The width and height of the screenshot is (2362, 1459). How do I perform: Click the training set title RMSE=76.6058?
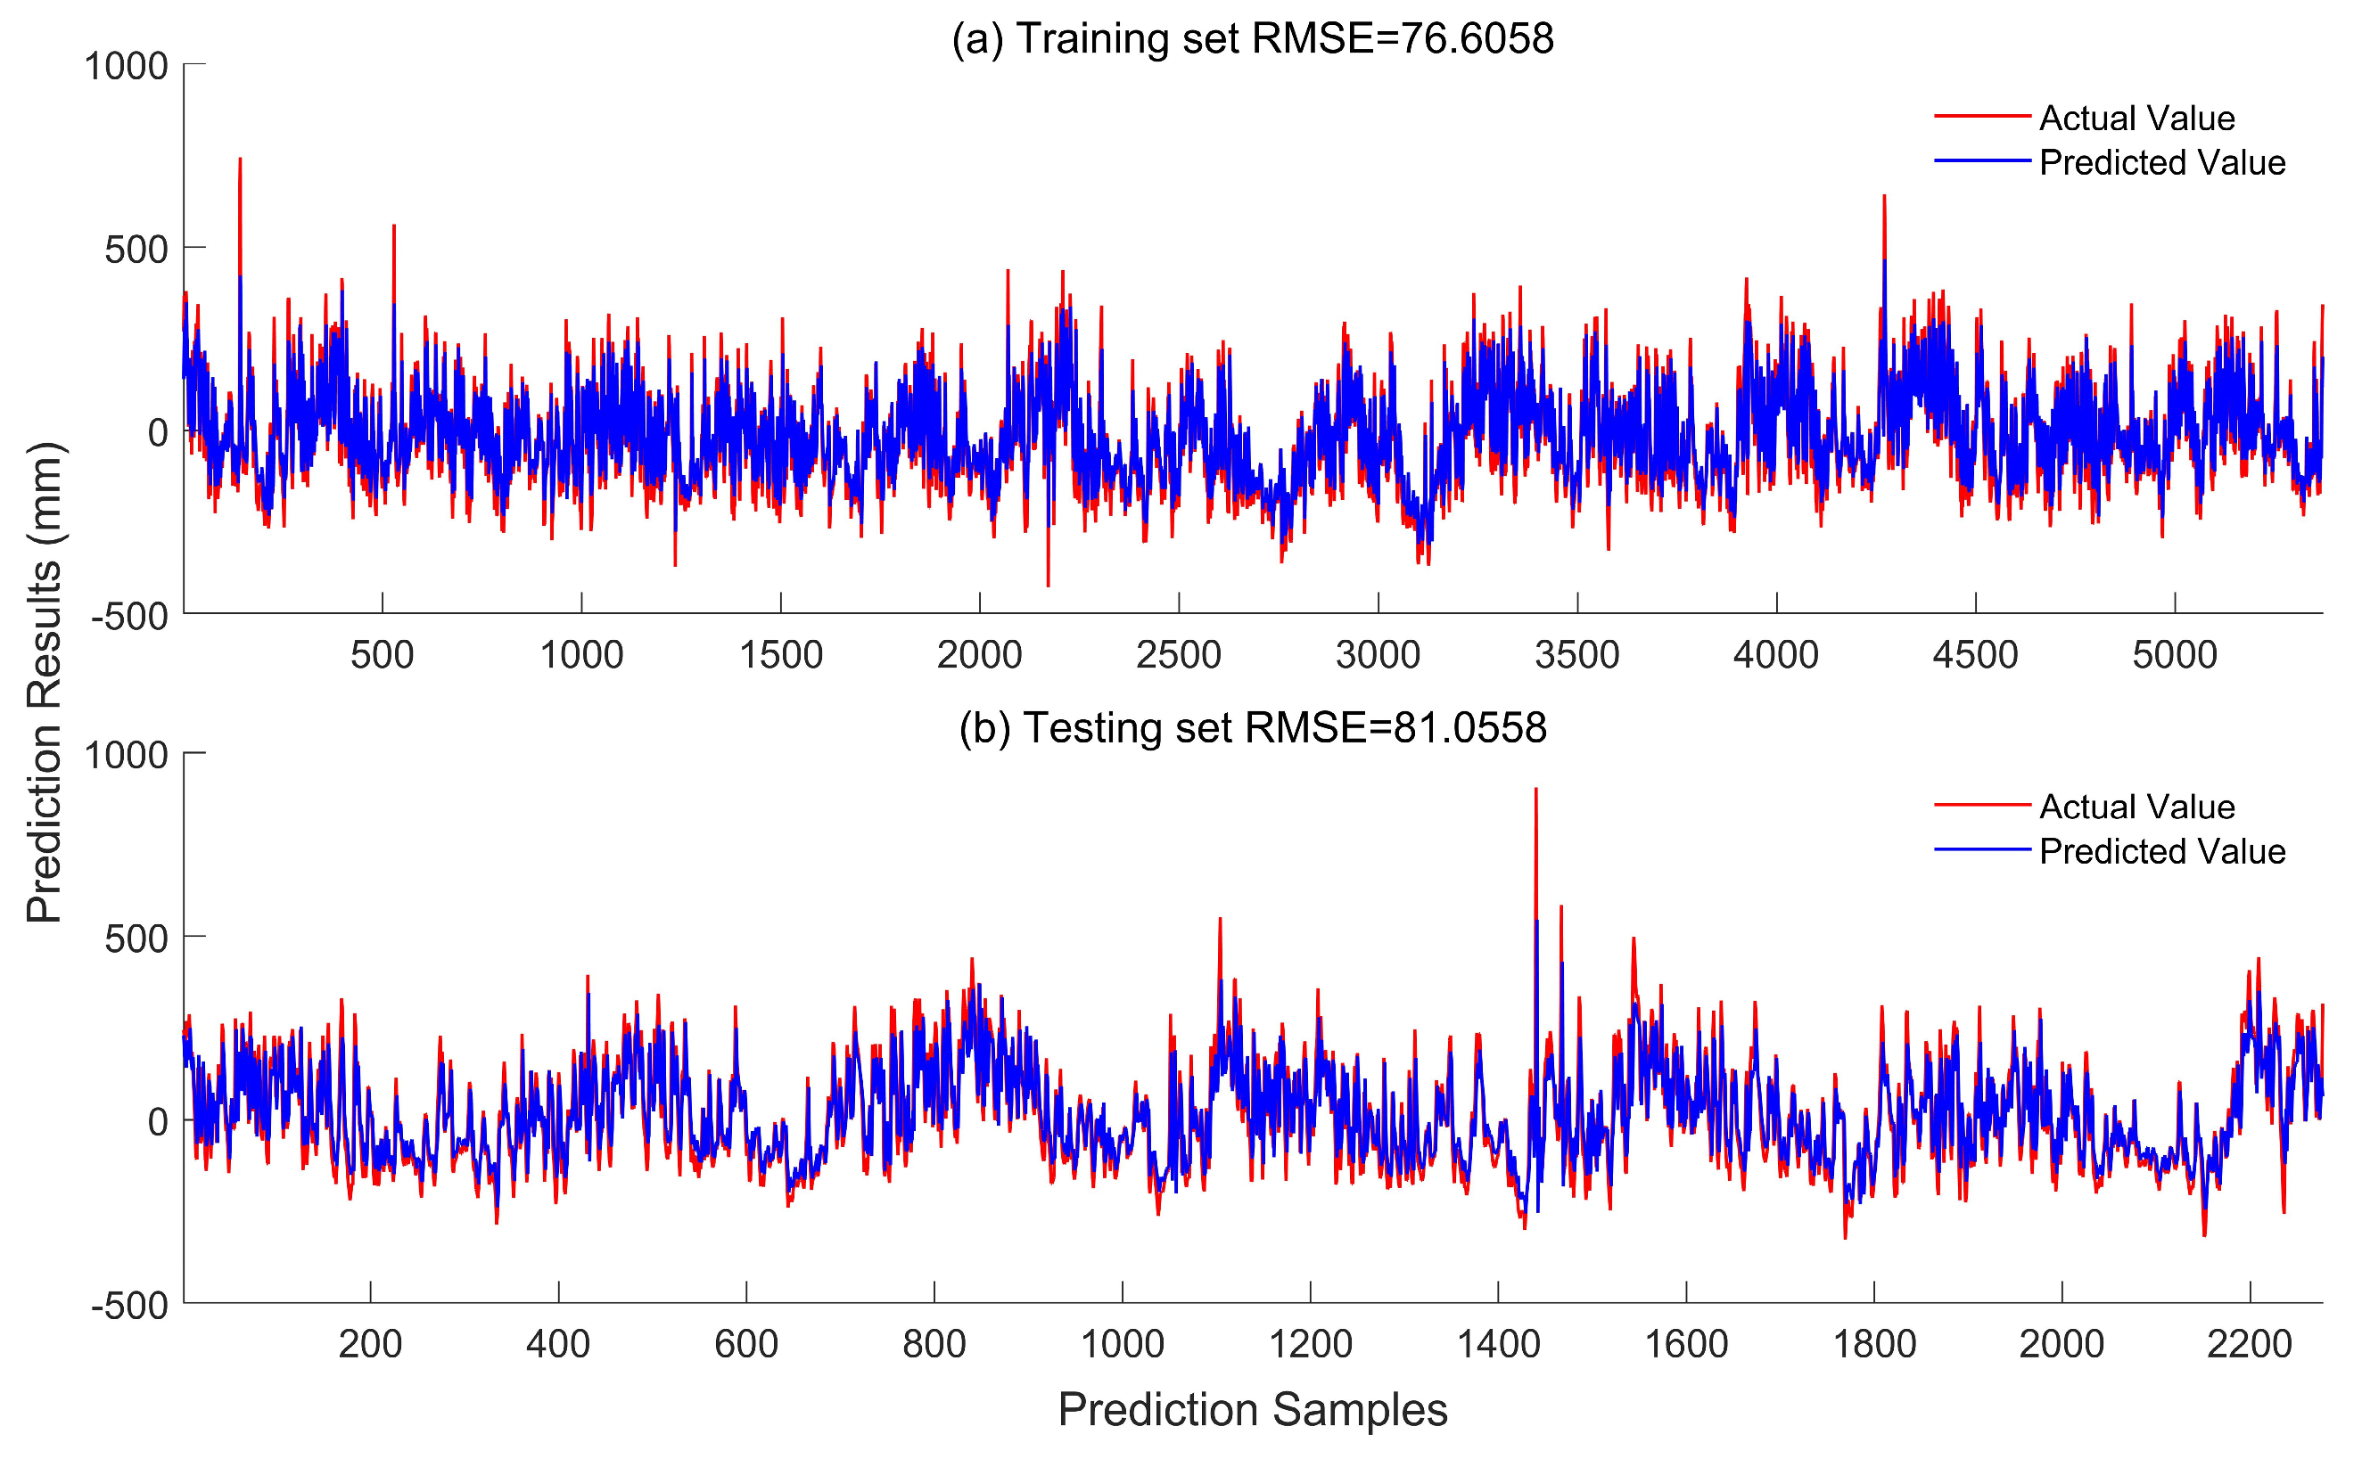pyautogui.click(x=1252, y=38)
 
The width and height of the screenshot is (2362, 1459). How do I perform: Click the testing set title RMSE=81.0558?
pyautogui.click(x=1252, y=727)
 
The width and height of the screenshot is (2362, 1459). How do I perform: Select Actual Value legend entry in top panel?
pyautogui.click(x=2136, y=118)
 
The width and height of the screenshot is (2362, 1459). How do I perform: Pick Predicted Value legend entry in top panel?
pyautogui.click(x=2161, y=162)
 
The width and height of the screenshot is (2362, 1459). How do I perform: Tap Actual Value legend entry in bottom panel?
pyautogui.click(x=2136, y=807)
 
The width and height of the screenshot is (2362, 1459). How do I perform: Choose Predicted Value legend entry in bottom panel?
pyautogui.click(x=2161, y=851)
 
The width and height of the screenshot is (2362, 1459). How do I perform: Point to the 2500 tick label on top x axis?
pyautogui.click(x=1178, y=655)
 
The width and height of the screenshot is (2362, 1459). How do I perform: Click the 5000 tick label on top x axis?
pyautogui.click(x=2174, y=655)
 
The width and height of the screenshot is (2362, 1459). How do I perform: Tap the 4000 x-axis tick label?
pyautogui.click(x=1775, y=655)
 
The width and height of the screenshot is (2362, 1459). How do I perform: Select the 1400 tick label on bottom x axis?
pyautogui.click(x=1497, y=1344)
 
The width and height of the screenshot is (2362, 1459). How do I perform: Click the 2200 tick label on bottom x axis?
pyautogui.click(x=2249, y=1344)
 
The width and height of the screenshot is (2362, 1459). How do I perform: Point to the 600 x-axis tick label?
pyautogui.click(x=745, y=1344)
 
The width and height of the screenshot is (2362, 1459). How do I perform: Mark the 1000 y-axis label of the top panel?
pyautogui.click(x=127, y=67)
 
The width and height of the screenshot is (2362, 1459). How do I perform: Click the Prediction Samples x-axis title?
pyautogui.click(x=1252, y=1410)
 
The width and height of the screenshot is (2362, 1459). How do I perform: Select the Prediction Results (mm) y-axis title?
pyautogui.click(x=45, y=682)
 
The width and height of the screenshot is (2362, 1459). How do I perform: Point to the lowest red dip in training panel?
pyautogui.click(x=1049, y=584)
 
